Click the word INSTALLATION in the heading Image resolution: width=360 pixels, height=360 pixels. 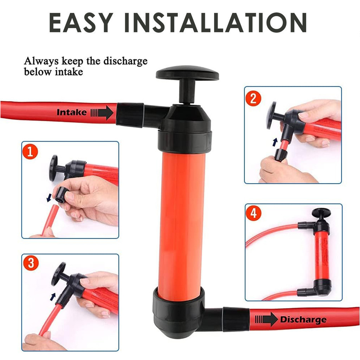[216, 22]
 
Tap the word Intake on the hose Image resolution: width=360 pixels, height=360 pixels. [72, 112]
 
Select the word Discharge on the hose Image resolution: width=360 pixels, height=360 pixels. [303, 320]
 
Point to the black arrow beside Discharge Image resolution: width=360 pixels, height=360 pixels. [266, 319]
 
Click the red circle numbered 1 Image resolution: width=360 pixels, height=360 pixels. [30, 152]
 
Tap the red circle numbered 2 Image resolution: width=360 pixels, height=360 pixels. [253, 98]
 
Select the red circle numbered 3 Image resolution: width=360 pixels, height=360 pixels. [31, 263]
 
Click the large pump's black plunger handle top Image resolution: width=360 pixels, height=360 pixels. [187, 73]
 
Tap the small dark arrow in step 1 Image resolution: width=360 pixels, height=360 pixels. [49, 198]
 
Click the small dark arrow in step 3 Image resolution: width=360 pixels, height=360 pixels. [53, 297]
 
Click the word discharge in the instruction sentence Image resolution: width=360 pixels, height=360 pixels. [126, 61]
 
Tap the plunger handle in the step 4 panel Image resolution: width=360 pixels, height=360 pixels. [321, 213]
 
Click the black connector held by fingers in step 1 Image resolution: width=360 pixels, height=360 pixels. [60, 195]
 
